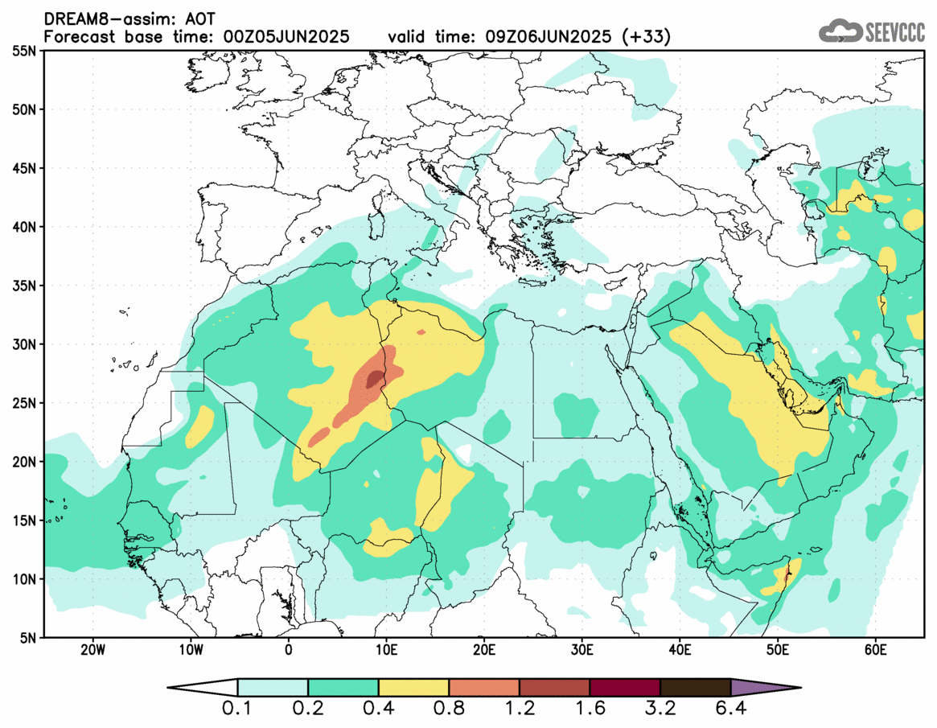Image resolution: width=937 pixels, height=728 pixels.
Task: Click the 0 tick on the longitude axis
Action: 288,649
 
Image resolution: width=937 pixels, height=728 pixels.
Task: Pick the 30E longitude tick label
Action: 582,649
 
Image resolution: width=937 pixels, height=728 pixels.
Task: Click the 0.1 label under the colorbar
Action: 238,709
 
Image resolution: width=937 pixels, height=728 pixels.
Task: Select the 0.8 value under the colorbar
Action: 449,709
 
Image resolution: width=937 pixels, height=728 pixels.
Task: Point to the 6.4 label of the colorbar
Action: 730,709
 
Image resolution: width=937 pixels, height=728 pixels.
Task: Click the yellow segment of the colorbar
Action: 413,688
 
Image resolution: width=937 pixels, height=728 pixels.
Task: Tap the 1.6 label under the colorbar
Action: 590,709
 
